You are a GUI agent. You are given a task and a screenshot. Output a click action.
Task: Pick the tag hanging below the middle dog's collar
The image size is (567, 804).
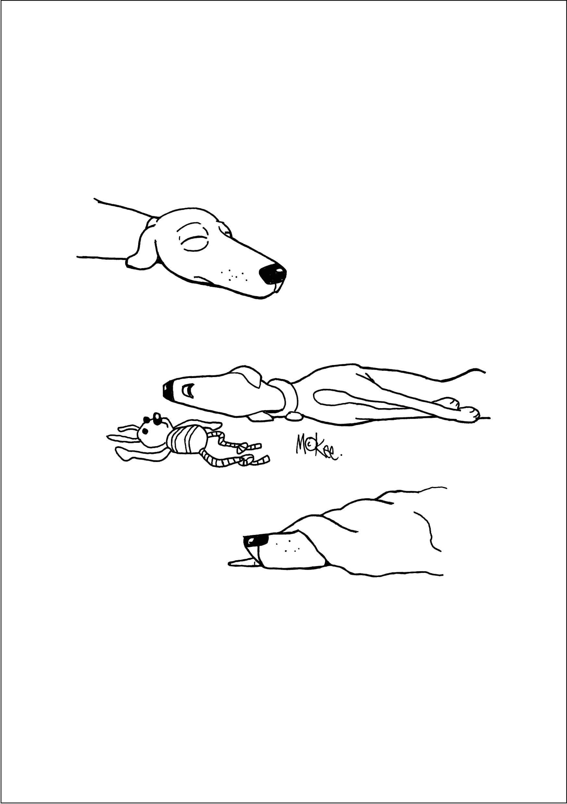click(294, 416)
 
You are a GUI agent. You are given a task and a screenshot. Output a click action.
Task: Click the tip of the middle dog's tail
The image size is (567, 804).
click(485, 372)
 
